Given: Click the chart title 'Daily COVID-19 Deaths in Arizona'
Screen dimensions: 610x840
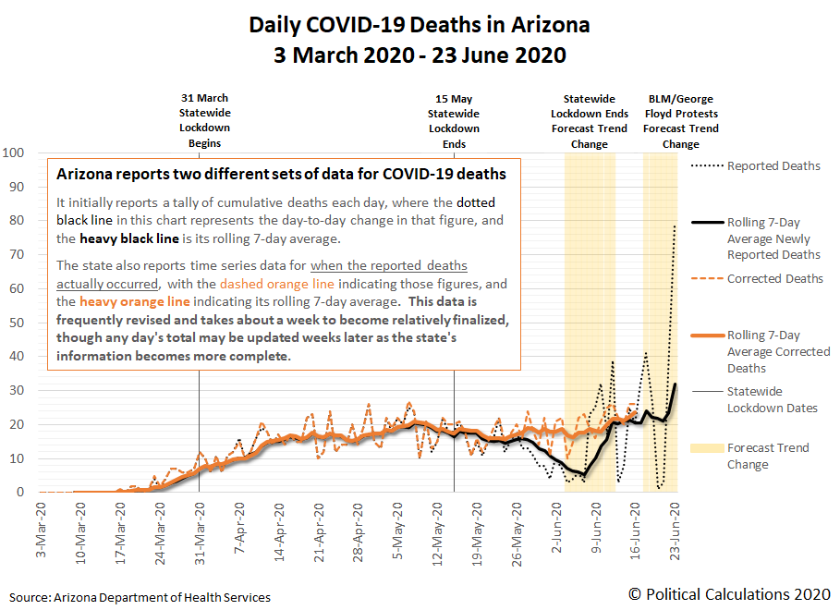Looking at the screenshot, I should click(420, 25).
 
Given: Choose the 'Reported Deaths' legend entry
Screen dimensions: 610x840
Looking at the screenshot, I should click(773, 166).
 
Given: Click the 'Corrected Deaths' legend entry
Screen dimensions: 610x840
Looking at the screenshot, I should click(773, 278).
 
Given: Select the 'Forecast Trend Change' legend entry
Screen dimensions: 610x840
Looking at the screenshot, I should click(767, 456).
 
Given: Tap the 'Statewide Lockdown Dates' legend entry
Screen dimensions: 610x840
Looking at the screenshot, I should click(773, 399).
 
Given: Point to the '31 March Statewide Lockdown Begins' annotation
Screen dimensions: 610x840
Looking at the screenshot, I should click(204, 120).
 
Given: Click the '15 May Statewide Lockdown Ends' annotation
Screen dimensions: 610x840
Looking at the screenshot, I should click(454, 120).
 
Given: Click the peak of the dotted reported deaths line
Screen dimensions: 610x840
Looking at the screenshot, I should click(676, 226).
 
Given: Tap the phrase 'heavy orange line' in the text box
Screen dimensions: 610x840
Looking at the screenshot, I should click(135, 301).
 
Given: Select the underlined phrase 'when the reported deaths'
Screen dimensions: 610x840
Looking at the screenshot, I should click(389, 266).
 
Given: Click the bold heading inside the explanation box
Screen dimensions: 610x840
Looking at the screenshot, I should click(281, 174).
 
